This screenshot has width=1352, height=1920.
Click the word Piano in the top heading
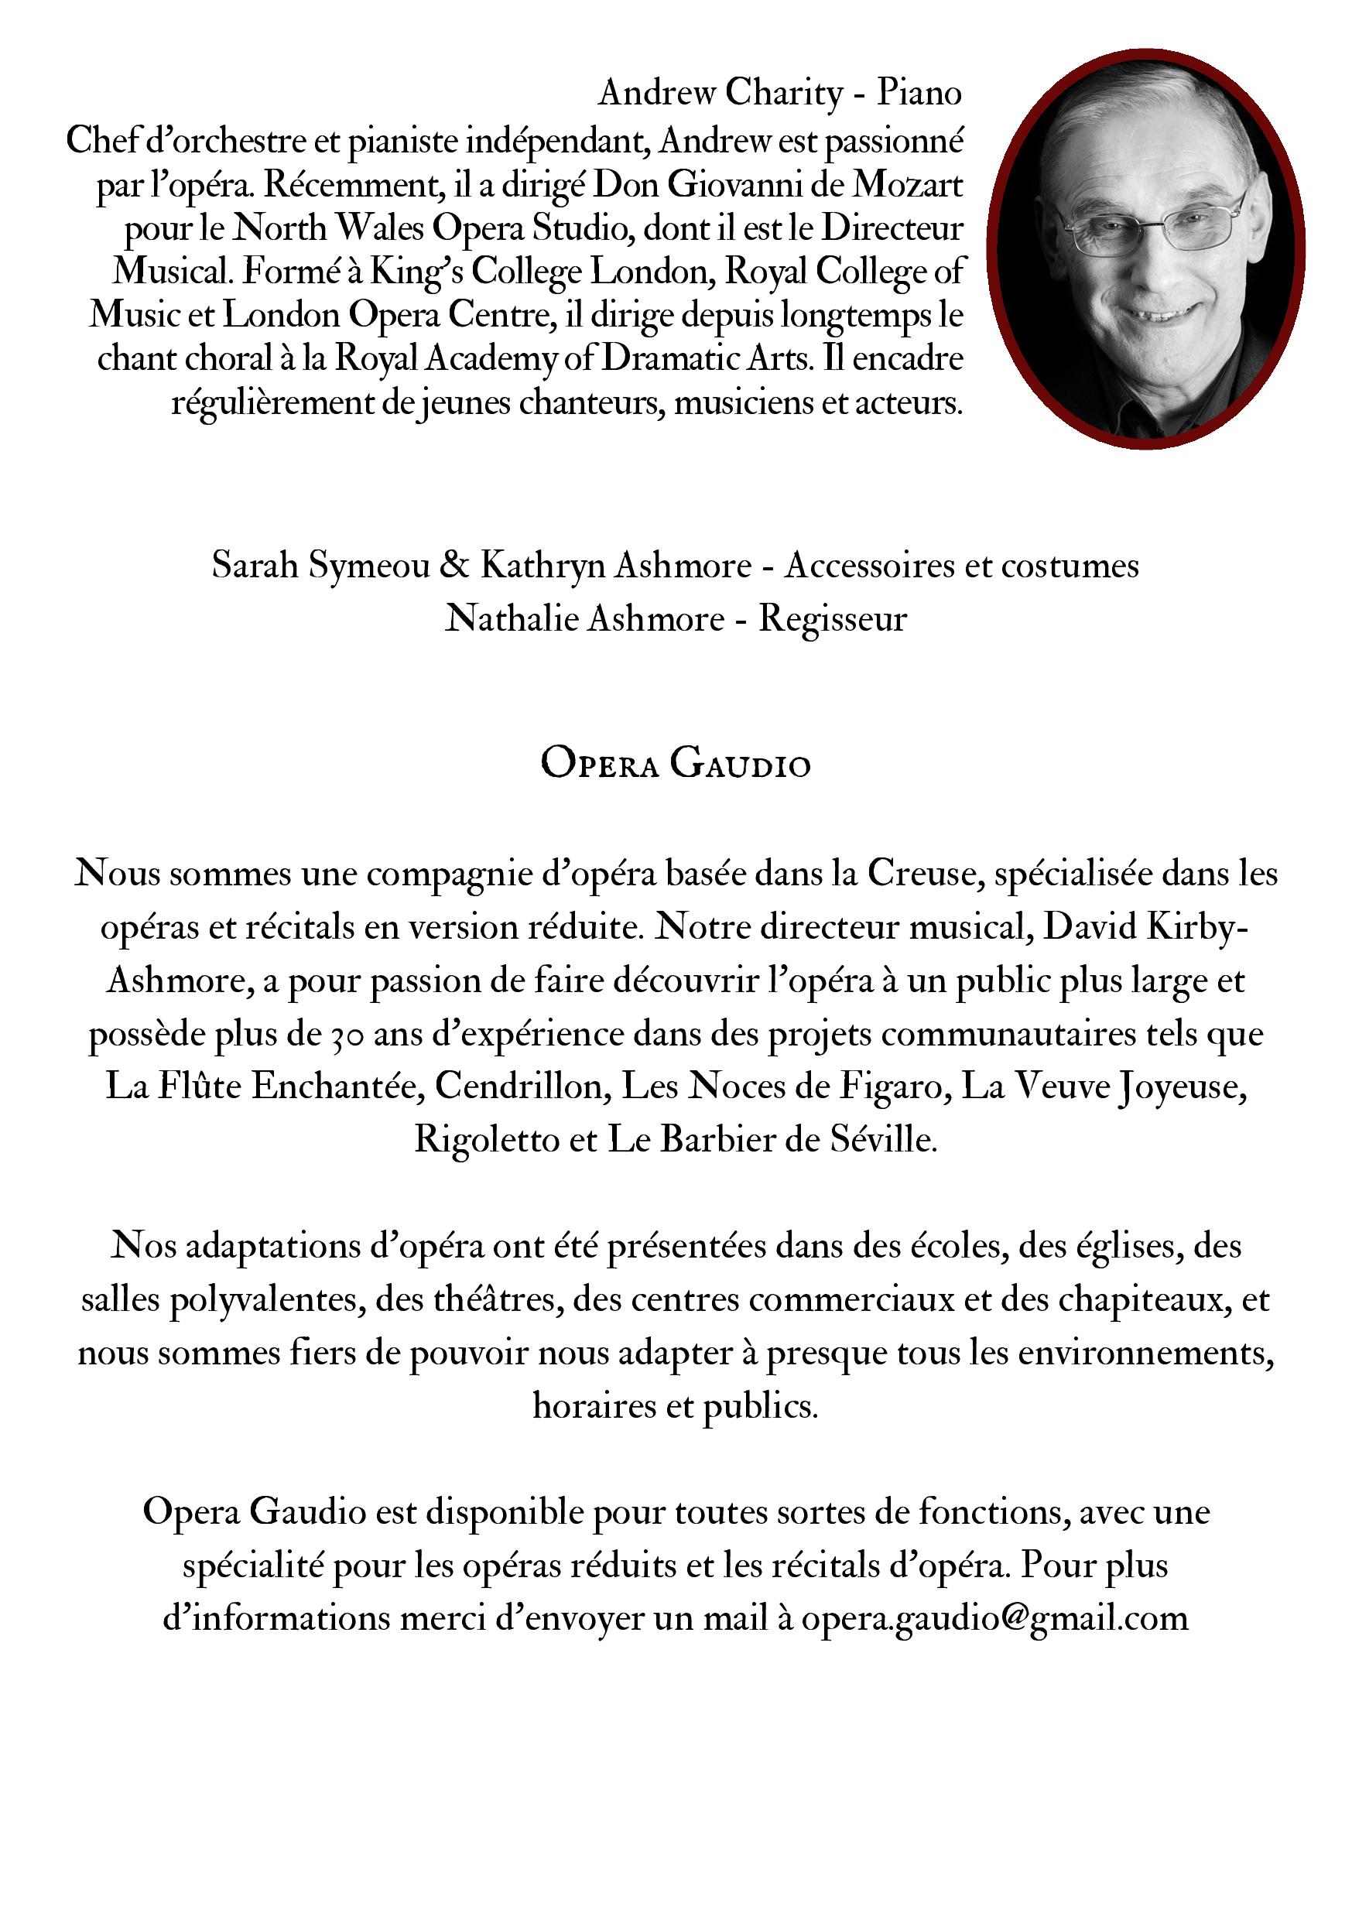click(919, 92)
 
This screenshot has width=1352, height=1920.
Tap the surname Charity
click(783, 94)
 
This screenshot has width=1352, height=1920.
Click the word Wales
click(381, 228)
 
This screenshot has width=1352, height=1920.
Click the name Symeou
click(368, 566)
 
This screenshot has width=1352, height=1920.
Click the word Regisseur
click(832, 619)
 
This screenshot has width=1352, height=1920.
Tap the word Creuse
click(922, 873)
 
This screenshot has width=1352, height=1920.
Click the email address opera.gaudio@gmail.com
click(995, 1619)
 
